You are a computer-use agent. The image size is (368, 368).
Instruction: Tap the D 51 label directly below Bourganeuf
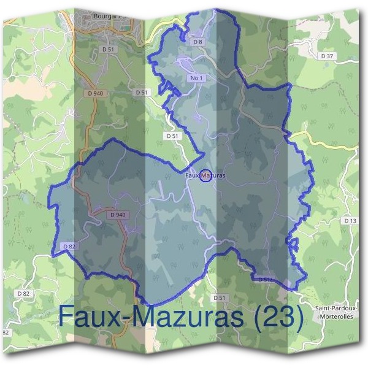109,48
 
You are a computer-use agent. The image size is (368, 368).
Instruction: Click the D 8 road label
197,42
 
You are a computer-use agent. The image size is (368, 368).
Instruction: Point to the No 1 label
196,79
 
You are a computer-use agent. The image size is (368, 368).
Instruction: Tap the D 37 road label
329,56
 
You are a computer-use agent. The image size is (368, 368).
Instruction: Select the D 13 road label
350,220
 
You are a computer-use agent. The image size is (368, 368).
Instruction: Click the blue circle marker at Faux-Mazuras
205,175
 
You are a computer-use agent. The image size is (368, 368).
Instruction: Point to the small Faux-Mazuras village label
205,175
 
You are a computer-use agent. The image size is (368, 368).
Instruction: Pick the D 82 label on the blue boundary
69,247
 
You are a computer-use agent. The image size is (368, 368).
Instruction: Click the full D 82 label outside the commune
23,294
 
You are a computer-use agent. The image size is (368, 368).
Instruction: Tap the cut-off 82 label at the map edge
6,332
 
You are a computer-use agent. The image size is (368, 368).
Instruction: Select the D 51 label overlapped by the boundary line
265,279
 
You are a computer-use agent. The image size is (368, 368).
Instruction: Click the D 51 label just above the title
220,297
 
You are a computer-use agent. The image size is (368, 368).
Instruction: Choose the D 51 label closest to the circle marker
172,135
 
